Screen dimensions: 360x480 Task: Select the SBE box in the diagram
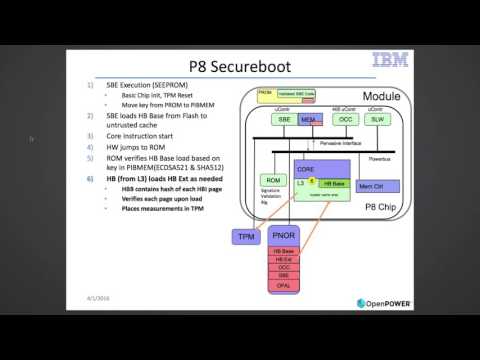[285, 118]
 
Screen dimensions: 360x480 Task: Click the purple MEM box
[309, 119]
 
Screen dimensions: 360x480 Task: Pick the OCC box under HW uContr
[345, 118]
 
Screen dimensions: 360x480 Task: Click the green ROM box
[268, 180]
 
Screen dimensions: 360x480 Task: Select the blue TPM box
[245, 236]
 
